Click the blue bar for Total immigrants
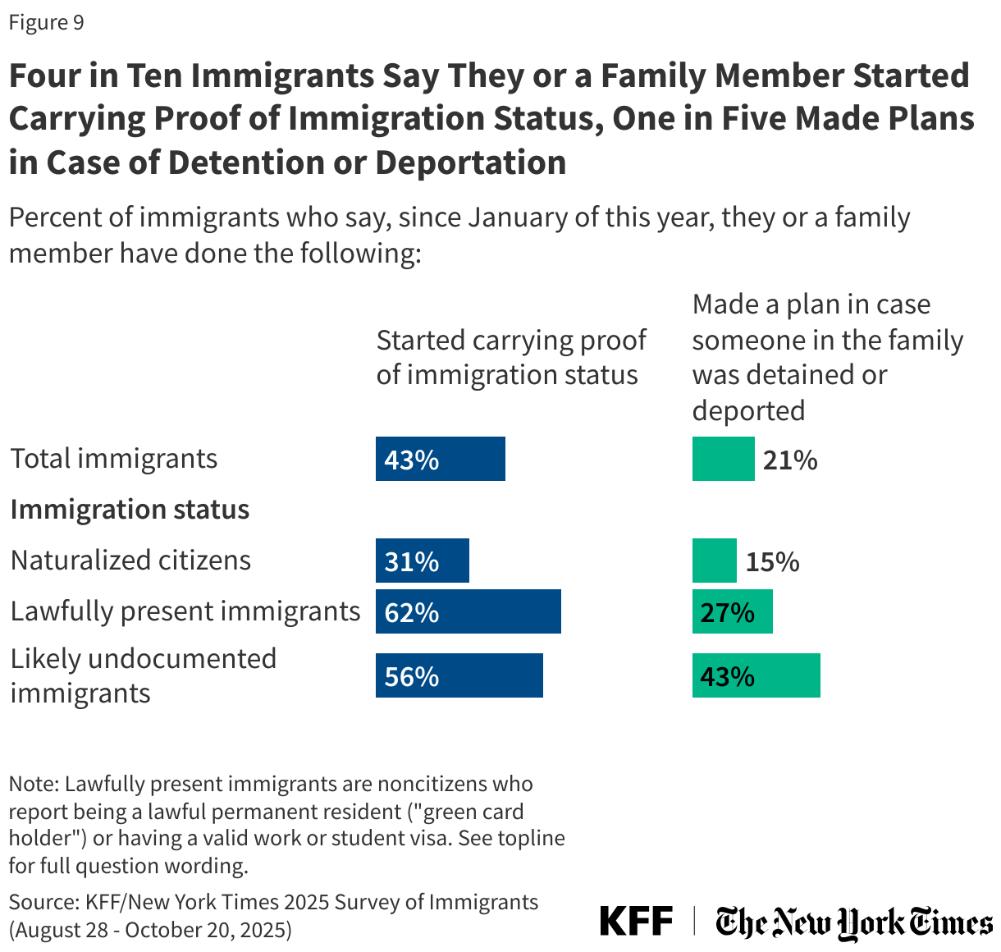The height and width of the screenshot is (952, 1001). coord(440,459)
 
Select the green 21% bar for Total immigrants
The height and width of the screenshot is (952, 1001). coord(723,459)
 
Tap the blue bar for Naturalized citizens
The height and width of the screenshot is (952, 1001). coord(422,561)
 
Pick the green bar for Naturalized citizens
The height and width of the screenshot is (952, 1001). coord(714,561)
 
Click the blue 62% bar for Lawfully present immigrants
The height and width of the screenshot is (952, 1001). coord(468,611)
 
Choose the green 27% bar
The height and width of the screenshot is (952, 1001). coord(732,611)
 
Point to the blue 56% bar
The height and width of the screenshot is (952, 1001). coord(459,675)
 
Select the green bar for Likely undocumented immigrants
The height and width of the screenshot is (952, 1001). coord(756,675)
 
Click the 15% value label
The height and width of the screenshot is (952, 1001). coord(772,561)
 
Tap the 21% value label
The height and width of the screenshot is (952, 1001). coord(790,460)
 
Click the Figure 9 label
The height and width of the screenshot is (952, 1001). coord(47,22)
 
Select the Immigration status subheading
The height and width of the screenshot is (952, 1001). coord(130,510)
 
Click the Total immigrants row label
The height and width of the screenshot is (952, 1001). coord(114,459)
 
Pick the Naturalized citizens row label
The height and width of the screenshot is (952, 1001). coord(130,561)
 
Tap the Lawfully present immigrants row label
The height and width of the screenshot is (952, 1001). coord(185,611)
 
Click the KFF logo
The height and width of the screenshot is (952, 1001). coord(636,921)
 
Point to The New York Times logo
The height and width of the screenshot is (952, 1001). coord(853,922)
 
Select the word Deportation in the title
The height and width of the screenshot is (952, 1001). coord(471,162)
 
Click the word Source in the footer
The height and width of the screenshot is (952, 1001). coord(41,902)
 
